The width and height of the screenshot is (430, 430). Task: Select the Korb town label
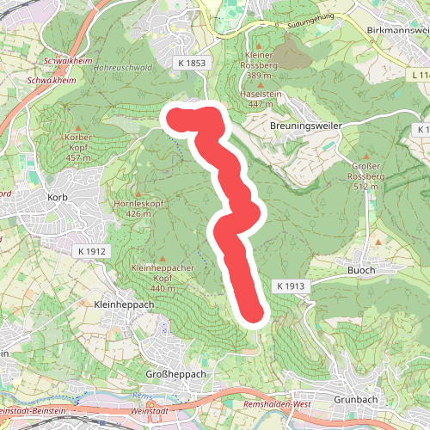point(58,198)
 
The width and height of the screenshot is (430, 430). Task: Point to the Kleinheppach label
point(124,304)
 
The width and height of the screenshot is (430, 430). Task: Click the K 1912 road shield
point(91,250)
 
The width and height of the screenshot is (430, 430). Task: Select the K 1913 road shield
point(292,285)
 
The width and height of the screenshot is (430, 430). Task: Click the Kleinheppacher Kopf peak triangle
point(162,258)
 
